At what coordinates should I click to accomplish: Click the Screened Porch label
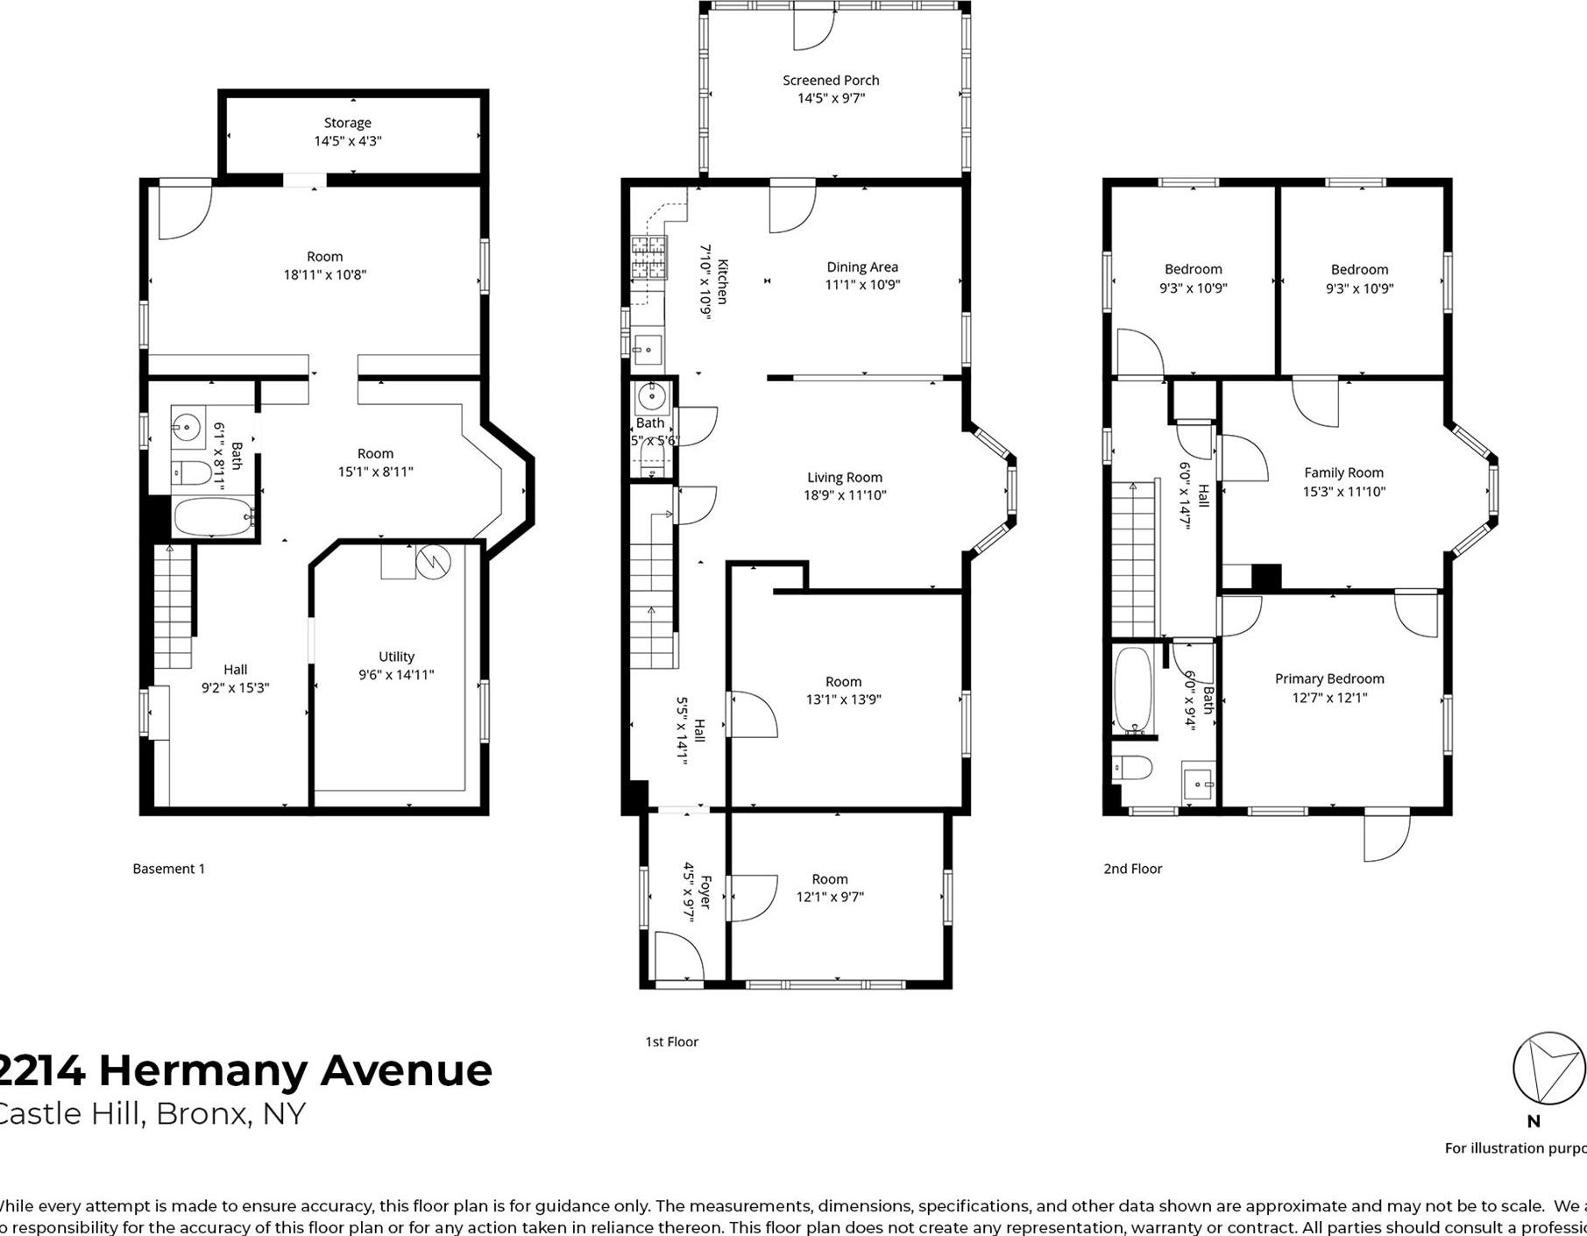point(831,80)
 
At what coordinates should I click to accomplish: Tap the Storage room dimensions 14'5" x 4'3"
point(348,141)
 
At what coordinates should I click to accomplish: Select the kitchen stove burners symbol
point(649,258)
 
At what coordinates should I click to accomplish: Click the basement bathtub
point(214,517)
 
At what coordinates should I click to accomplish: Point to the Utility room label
point(396,657)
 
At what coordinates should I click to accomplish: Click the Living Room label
point(845,478)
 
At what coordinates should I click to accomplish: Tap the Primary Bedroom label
point(1329,678)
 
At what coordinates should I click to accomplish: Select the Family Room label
point(1343,472)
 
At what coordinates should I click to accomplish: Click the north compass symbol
point(1548,1069)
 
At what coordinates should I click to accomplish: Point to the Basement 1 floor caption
point(169,869)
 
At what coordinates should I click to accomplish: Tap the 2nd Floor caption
point(1132,869)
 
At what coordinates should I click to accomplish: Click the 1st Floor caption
point(671,1041)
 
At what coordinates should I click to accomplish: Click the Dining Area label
point(862,267)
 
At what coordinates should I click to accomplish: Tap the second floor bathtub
point(1133,690)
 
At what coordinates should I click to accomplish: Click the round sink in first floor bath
point(651,397)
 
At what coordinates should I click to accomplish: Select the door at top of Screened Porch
point(812,27)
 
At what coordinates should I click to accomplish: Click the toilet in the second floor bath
point(1133,769)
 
